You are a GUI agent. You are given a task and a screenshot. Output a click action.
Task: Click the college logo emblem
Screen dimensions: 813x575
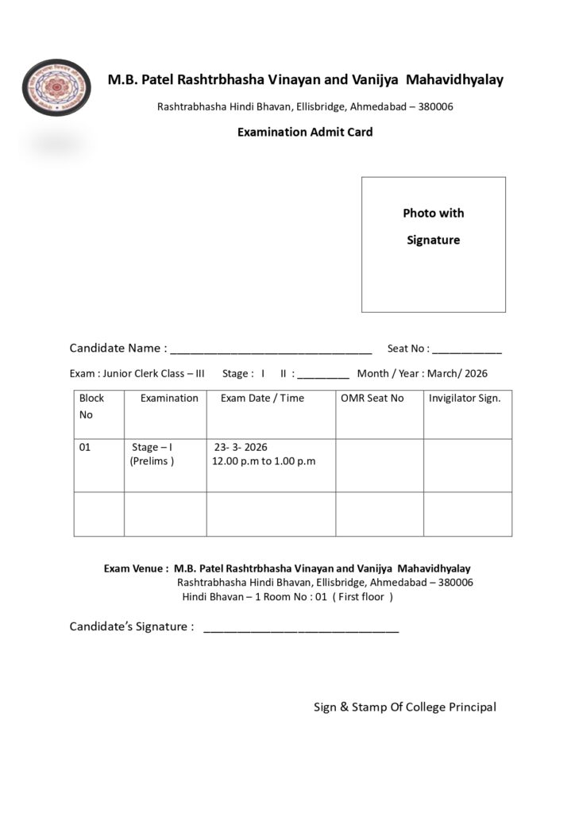[56, 87]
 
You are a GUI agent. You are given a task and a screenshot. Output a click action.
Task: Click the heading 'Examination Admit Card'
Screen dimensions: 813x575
[305, 132]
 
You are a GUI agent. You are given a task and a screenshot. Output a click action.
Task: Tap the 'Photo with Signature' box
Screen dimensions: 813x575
[434, 244]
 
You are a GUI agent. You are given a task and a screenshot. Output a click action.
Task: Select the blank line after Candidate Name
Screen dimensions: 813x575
[271, 349]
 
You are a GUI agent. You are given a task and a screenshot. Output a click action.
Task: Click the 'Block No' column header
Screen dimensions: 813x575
[91, 406]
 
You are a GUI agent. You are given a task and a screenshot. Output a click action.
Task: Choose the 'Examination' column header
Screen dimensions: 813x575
[169, 398]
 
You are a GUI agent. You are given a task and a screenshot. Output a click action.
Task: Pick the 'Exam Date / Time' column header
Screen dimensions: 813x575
[262, 398]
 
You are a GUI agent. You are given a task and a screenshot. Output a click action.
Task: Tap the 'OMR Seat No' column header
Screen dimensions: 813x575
[372, 398]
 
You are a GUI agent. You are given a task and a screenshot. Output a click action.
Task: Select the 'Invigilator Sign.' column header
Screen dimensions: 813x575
[465, 398]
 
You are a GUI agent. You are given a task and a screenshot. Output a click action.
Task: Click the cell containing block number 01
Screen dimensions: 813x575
[85, 447]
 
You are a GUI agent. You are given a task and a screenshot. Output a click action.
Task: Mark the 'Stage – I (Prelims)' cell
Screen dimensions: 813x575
[152, 454]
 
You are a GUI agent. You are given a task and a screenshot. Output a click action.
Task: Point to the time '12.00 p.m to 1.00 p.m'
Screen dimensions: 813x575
[264, 461]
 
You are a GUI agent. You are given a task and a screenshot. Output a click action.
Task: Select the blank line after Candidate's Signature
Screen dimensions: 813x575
[301, 628]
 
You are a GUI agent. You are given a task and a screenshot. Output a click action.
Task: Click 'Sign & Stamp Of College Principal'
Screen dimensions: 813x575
[404, 707]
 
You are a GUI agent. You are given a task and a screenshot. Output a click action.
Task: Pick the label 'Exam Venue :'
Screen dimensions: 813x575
[136, 568]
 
